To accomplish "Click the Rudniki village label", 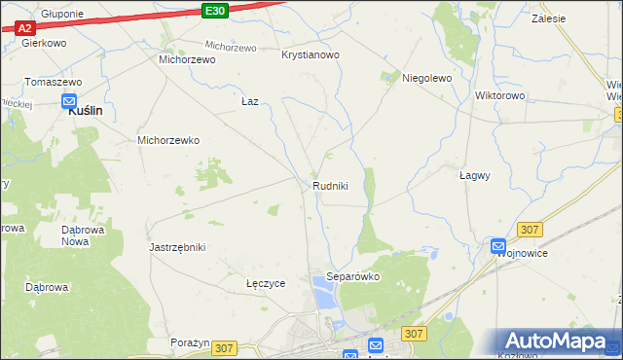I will tap(330, 186).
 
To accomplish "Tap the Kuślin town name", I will tap(85, 112).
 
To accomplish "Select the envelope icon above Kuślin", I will tap(69, 100).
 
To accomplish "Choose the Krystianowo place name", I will tap(310, 55).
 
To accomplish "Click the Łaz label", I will tap(249, 101).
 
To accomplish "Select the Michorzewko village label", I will tap(168, 140).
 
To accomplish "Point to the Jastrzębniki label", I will tap(177, 247).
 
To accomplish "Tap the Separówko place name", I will tap(352, 276).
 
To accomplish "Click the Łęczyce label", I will tap(266, 284).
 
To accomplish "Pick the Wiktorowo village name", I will tap(499, 96).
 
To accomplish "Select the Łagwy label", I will tap(474, 176).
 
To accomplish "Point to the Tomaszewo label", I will tap(53, 82).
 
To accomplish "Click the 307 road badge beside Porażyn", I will tap(224, 347).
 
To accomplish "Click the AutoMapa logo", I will tap(560, 341).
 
